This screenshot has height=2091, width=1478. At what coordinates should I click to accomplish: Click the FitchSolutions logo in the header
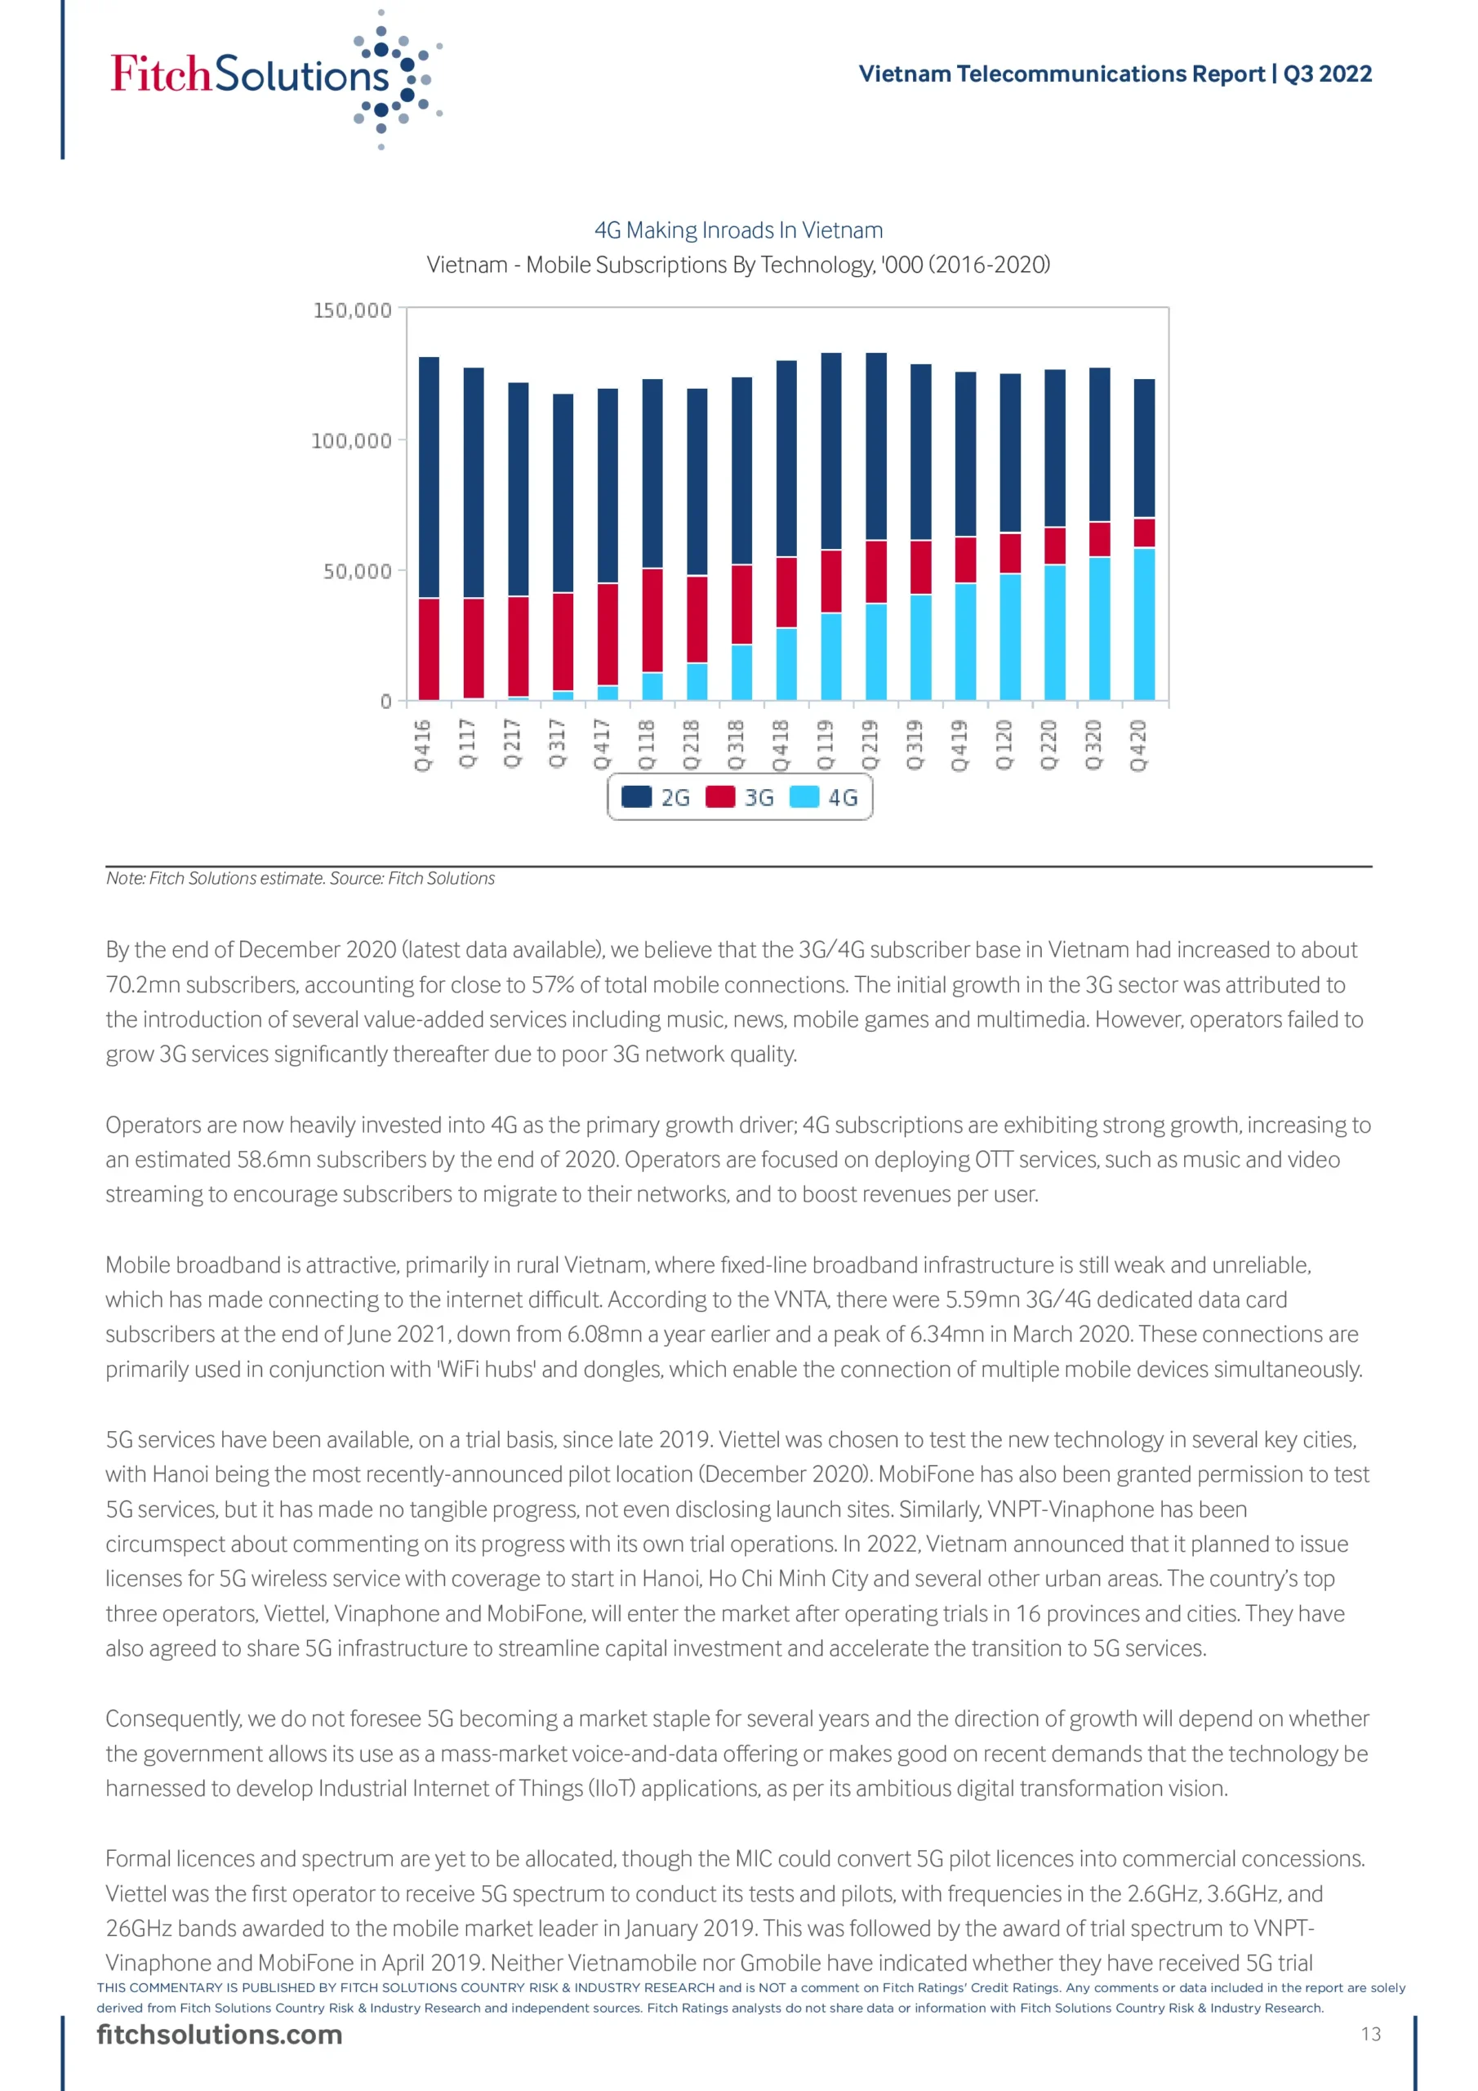pyautogui.click(x=274, y=78)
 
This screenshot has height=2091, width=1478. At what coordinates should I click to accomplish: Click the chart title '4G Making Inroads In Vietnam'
pyautogui.click(x=737, y=230)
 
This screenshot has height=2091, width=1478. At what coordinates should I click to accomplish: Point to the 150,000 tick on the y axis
pyautogui.click(x=353, y=310)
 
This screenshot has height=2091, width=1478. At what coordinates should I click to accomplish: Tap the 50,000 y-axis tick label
pyautogui.click(x=357, y=571)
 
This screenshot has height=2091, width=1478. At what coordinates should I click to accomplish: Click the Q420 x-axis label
pyautogui.click(x=1138, y=745)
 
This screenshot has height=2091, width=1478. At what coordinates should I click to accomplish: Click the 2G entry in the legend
pyautogui.click(x=657, y=798)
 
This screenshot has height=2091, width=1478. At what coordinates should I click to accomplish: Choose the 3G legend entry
pyautogui.click(x=741, y=798)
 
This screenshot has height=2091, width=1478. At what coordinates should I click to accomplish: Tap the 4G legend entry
pyautogui.click(x=824, y=798)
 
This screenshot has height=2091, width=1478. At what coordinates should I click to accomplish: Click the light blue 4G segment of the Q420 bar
pyautogui.click(x=1144, y=624)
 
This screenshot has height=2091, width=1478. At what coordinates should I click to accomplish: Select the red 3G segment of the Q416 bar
pyautogui.click(x=428, y=649)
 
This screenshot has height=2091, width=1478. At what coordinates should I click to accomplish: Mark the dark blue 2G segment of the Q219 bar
pyautogui.click(x=876, y=446)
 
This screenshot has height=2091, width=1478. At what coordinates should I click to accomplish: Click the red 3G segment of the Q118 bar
pyautogui.click(x=652, y=620)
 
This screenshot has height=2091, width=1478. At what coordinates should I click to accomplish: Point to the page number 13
pyautogui.click(x=1370, y=2035)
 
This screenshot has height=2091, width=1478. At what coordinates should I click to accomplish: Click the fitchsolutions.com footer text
pyautogui.click(x=220, y=2035)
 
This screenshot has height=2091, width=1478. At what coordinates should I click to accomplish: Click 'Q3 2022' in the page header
pyautogui.click(x=1327, y=74)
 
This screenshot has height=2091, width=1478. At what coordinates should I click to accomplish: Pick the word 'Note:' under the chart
pyautogui.click(x=125, y=878)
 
